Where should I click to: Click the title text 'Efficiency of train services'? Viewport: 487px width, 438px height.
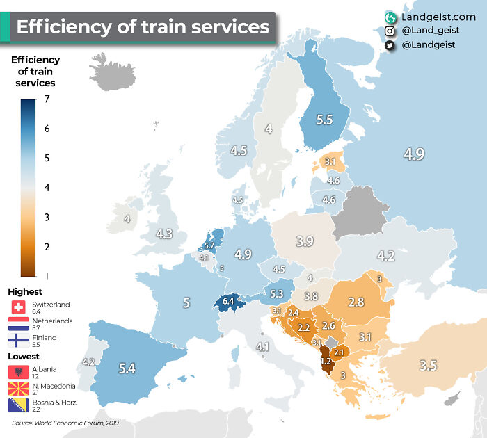pos(142,27)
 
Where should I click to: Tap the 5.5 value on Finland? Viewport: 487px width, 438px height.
pos(324,120)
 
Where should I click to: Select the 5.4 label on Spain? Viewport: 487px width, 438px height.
pos(127,369)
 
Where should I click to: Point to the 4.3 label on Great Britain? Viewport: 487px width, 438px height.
pos(164,234)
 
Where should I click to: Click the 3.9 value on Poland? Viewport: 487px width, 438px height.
pos(304,241)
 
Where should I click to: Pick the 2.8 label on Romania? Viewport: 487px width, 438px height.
pos(357,302)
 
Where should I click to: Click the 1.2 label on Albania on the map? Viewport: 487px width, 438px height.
pos(326,362)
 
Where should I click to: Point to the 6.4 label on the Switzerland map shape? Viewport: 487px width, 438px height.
pos(228,301)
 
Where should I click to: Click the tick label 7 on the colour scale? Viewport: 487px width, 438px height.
pos(46,99)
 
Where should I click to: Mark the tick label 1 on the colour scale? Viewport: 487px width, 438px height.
pos(46,276)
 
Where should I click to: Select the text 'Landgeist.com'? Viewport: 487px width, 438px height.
pos(438,16)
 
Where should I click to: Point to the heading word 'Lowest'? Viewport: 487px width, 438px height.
pos(25,356)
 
